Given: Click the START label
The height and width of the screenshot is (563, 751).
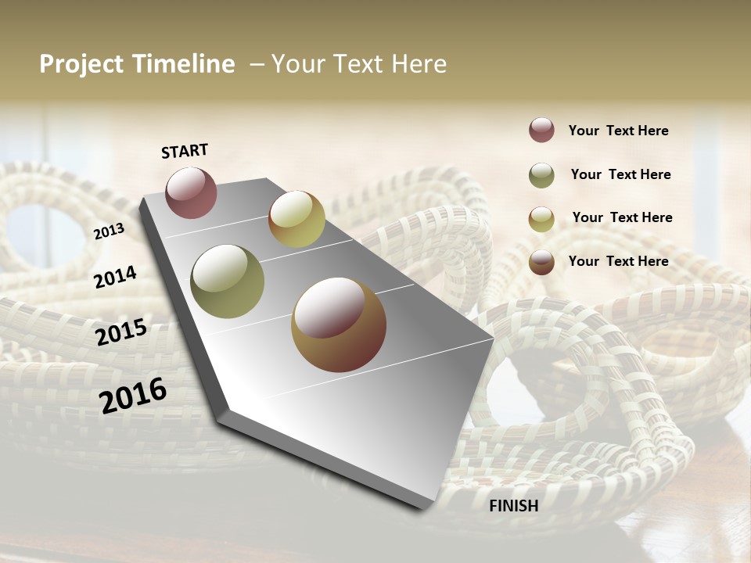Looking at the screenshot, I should (185, 151).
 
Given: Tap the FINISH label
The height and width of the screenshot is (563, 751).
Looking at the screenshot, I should (513, 506).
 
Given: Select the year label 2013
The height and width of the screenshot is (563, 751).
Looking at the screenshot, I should (109, 231).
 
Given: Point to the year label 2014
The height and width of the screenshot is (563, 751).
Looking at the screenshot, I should (115, 277).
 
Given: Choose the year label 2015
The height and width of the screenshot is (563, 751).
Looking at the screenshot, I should (121, 332).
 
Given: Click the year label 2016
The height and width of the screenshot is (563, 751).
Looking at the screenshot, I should (133, 395).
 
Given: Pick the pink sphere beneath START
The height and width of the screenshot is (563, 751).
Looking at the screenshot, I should (191, 192).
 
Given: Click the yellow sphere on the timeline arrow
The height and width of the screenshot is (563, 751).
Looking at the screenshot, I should (296, 219).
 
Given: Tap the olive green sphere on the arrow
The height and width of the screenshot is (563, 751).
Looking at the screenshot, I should (227, 281).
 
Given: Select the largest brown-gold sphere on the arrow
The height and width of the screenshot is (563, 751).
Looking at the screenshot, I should (339, 325).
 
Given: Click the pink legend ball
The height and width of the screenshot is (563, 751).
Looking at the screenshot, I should (541, 131).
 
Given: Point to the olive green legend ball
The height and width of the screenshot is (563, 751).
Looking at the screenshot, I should (541, 175).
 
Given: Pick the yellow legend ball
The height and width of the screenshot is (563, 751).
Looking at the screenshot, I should (541, 219).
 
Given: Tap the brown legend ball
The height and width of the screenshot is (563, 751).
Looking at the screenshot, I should (541, 262).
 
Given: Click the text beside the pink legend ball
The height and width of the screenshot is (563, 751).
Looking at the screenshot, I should (618, 131).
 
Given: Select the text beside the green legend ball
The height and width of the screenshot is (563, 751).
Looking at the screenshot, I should (620, 174).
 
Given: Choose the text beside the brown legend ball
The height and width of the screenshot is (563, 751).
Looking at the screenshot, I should (618, 261).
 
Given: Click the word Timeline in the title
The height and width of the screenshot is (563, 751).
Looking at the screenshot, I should (183, 64).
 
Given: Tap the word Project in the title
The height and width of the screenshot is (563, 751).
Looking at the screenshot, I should (81, 64).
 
